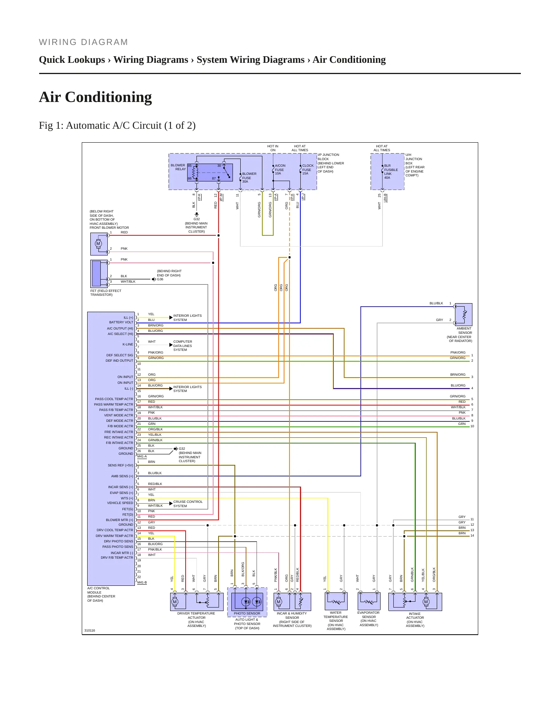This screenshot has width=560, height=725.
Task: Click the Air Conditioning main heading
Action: tap(95, 97)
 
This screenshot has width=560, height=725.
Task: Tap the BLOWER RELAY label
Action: tap(178, 167)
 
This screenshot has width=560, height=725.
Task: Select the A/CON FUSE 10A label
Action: tap(280, 169)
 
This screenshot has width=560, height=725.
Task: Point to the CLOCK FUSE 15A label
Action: tap(308, 169)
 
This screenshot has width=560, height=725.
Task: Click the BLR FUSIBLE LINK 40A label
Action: tap(391, 172)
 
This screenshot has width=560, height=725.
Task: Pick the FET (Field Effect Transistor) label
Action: tap(106, 293)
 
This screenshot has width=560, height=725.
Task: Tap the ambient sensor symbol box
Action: tap(464, 314)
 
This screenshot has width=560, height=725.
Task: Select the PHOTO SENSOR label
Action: tap(247, 613)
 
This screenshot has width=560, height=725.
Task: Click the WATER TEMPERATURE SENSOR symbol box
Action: tap(336, 601)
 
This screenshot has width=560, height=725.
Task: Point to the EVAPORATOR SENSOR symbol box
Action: tap(369, 601)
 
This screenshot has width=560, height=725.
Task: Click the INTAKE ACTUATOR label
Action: tap(415, 616)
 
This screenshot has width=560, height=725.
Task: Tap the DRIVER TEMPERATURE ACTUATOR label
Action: tap(196, 615)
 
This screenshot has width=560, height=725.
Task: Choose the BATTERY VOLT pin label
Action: tap(121, 322)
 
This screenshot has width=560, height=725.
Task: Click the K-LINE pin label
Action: tap(128, 344)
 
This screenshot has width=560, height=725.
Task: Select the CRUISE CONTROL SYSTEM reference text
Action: tap(188, 504)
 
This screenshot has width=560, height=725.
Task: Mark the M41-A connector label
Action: tap(142, 456)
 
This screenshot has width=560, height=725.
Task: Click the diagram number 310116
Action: tap(90, 630)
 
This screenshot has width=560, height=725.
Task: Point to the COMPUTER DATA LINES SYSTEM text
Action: tap(183, 346)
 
